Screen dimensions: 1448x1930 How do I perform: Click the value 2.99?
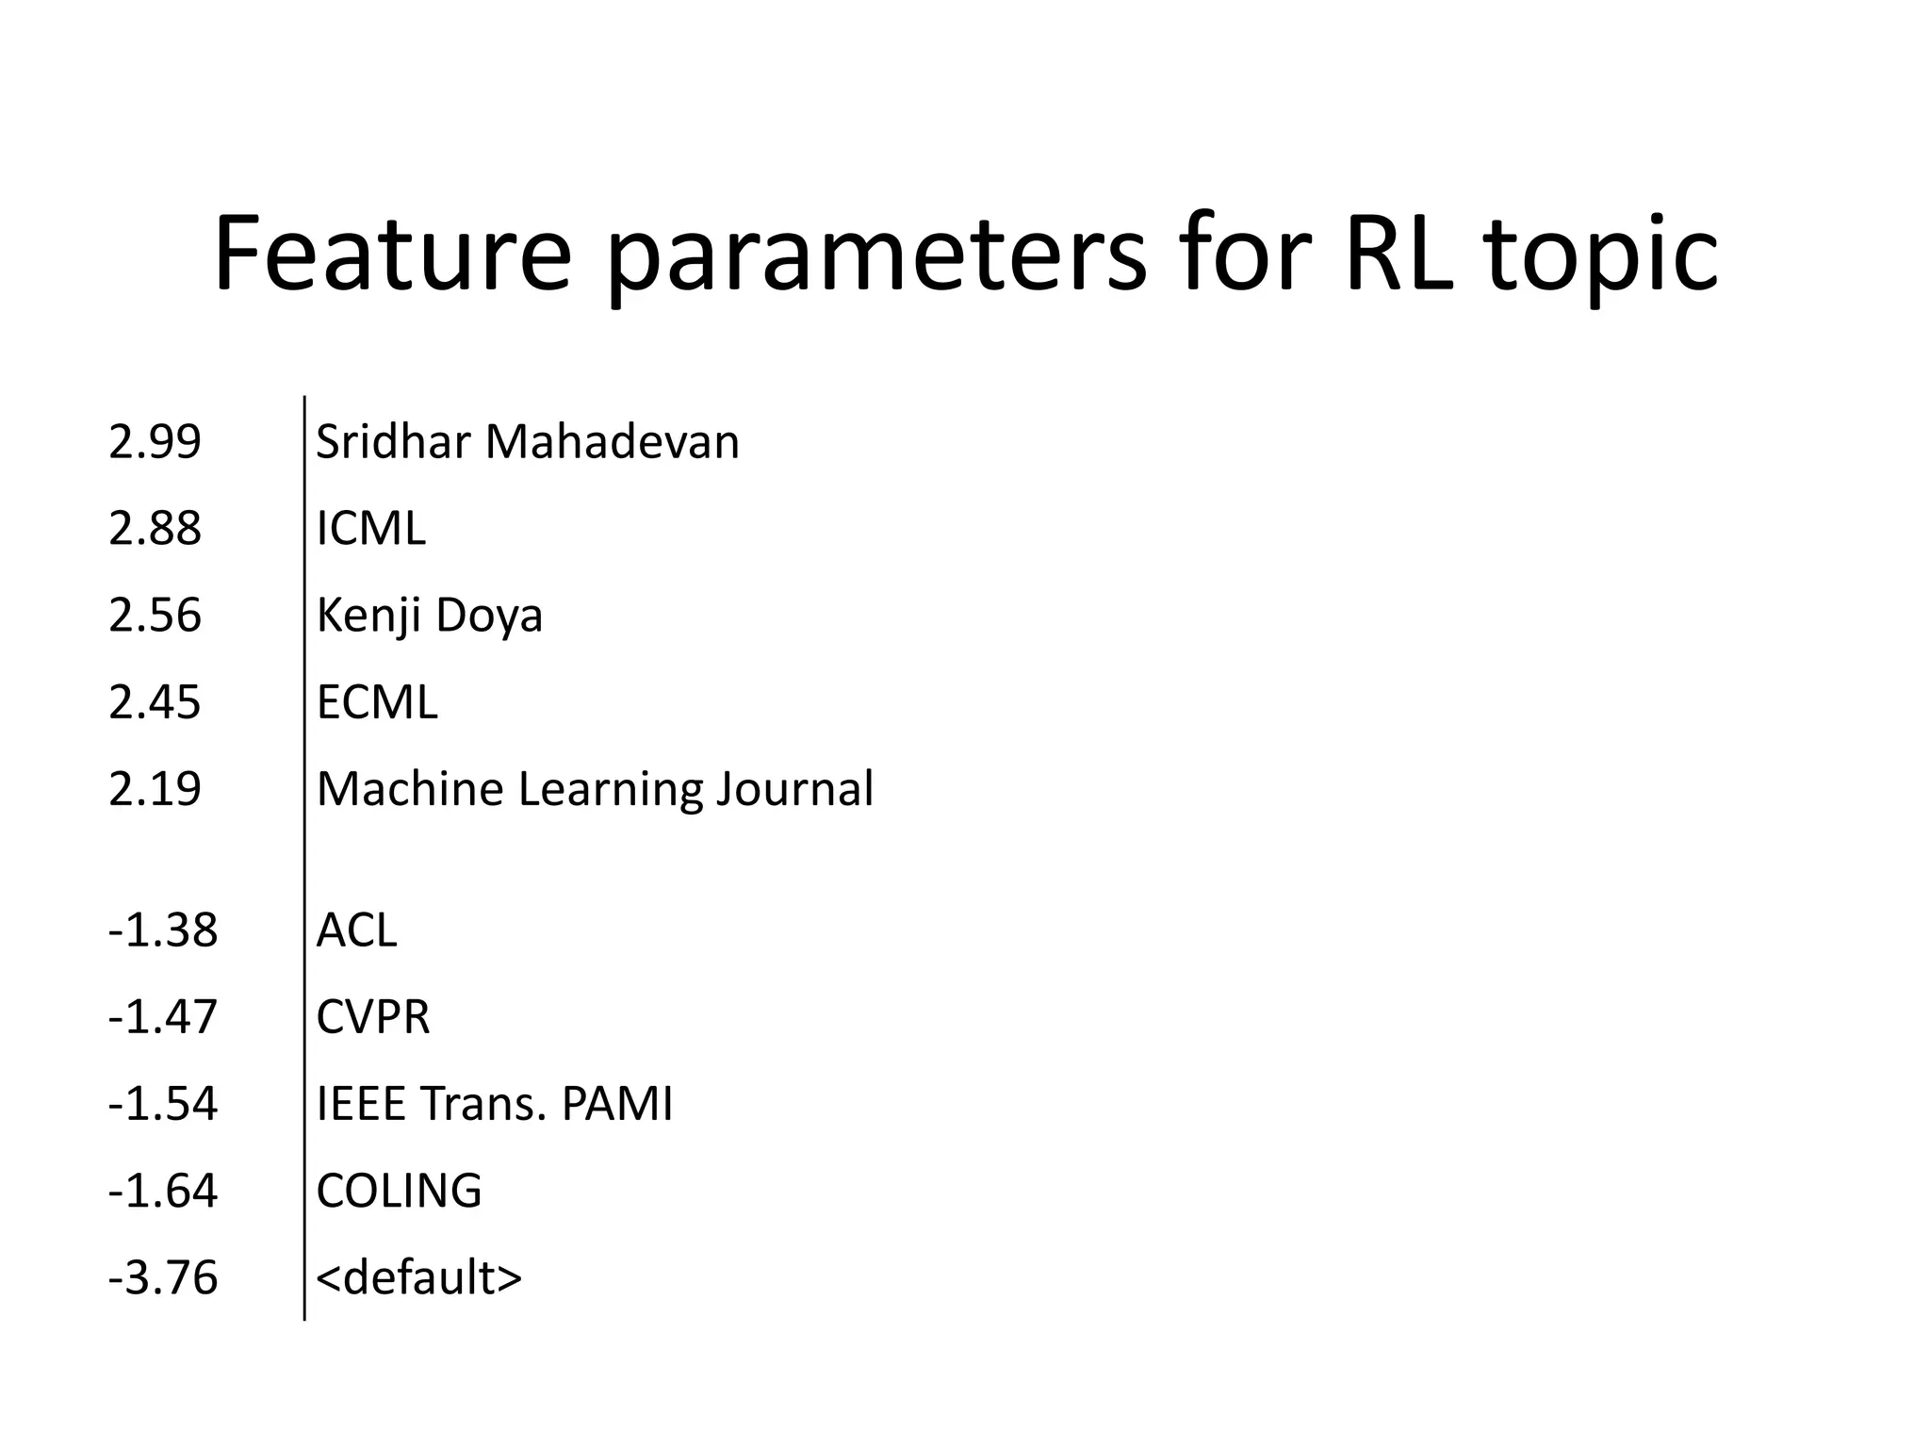(x=155, y=442)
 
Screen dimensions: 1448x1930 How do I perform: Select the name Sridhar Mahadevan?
(x=528, y=442)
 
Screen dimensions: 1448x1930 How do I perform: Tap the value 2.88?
(x=155, y=529)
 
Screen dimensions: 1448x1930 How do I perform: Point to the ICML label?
(x=370, y=529)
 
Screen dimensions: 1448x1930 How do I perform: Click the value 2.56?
(x=155, y=616)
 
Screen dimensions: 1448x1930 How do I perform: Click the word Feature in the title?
(x=392, y=255)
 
